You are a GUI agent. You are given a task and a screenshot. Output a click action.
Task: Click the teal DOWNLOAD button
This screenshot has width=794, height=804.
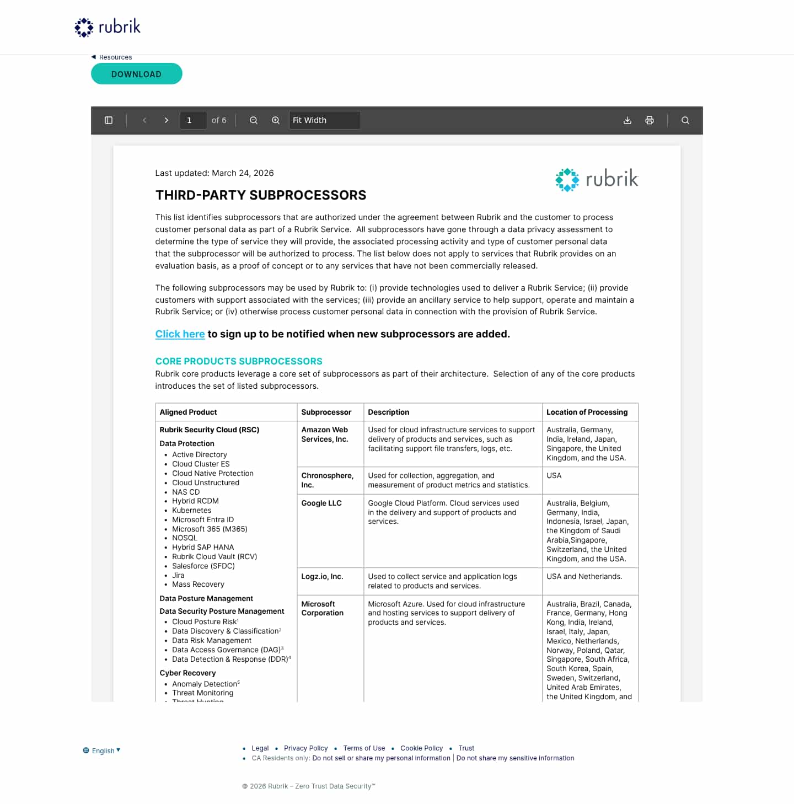pyautogui.click(x=136, y=74)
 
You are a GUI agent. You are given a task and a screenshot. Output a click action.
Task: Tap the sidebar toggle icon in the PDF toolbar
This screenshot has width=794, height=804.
pyautogui.click(x=109, y=120)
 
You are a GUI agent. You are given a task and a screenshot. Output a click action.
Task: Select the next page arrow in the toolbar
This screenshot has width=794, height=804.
pyautogui.click(x=167, y=120)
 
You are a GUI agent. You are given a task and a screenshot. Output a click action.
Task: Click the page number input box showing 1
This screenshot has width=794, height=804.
pyautogui.click(x=193, y=120)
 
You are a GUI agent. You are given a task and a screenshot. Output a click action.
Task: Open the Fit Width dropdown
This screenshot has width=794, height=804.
pyautogui.click(x=324, y=120)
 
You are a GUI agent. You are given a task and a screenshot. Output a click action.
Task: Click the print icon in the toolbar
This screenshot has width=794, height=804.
pyautogui.click(x=650, y=120)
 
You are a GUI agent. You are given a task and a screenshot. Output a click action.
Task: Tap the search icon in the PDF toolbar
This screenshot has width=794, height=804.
pyautogui.click(x=685, y=120)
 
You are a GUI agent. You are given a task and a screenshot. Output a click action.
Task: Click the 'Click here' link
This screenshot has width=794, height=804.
pyautogui.click(x=180, y=334)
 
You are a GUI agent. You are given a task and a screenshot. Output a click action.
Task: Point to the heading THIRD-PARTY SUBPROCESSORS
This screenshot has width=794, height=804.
pyautogui.click(x=261, y=195)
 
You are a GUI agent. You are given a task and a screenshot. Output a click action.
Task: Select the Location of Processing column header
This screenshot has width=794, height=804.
pyautogui.click(x=587, y=412)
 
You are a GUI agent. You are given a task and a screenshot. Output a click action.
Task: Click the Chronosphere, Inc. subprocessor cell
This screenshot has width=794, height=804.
pyautogui.click(x=328, y=480)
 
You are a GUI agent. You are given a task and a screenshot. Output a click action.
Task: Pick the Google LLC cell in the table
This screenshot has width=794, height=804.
pyautogui.click(x=321, y=503)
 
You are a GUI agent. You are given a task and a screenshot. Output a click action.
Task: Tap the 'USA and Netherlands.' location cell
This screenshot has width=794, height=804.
pyautogui.click(x=584, y=576)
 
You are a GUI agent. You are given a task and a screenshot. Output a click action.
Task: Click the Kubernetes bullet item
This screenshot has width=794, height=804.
pyautogui.click(x=191, y=510)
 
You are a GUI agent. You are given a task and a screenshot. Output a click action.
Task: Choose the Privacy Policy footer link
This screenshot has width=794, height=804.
pyautogui.click(x=305, y=748)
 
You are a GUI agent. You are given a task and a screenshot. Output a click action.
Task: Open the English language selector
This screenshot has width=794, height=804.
pyautogui.click(x=103, y=751)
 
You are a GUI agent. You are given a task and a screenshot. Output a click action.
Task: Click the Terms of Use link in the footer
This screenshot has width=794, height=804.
pyautogui.click(x=364, y=748)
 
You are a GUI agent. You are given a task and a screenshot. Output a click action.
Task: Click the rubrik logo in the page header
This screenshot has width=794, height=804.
pyautogui.click(x=108, y=27)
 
